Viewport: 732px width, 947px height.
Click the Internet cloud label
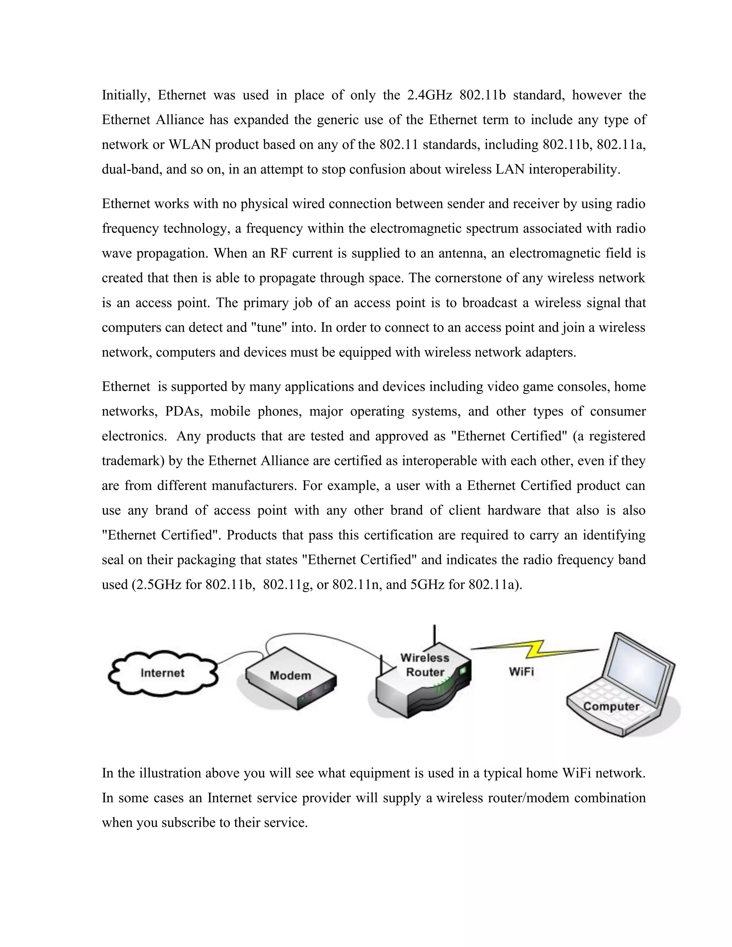pyautogui.click(x=163, y=673)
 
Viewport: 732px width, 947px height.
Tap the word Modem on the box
pyautogui.click(x=290, y=675)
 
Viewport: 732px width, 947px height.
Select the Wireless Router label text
pyautogui.click(x=425, y=665)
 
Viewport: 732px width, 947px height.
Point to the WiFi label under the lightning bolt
pyautogui.click(x=521, y=672)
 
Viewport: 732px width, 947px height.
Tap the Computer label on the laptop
pyautogui.click(x=610, y=706)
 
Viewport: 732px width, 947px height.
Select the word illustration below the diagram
pyautogui.click(x=169, y=773)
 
